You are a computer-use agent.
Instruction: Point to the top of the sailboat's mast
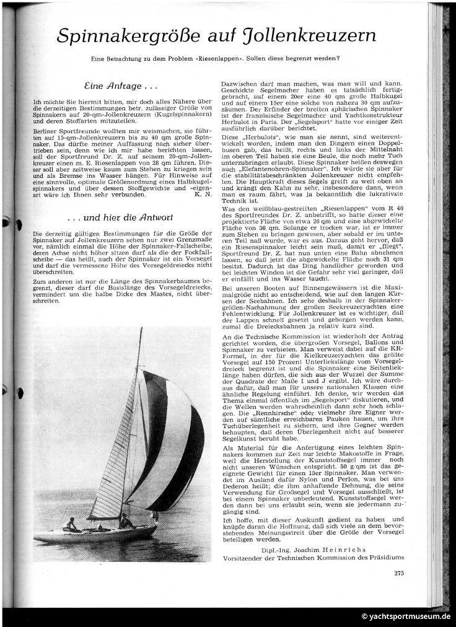click(141, 329)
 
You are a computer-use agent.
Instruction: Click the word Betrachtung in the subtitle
click(141, 59)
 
